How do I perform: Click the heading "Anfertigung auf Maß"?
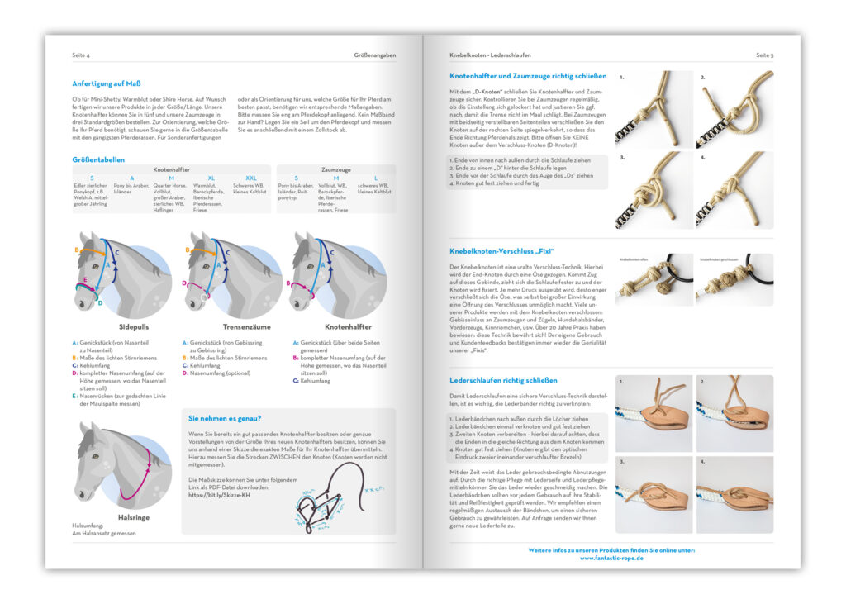[x=107, y=83]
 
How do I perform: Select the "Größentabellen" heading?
[x=97, y=159]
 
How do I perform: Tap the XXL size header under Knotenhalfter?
[x=250, y=178]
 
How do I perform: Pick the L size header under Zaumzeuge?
[x=376, y=178]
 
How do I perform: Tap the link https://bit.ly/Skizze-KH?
[x=220, y=495]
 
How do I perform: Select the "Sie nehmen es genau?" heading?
[x=225, y=418]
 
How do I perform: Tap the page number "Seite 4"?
[x=82, y=55]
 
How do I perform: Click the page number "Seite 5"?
[x=764, y=55]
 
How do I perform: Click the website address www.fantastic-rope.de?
[x=611, y=558]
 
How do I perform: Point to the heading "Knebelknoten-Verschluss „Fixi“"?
[x=501, y=250]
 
